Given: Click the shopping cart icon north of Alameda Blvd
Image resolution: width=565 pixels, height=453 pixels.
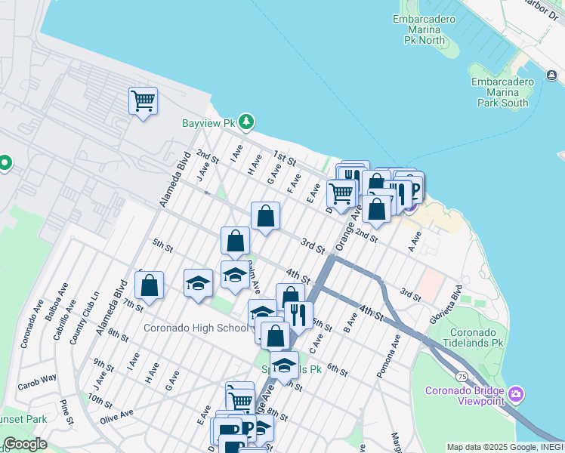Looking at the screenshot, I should tap(143, 100).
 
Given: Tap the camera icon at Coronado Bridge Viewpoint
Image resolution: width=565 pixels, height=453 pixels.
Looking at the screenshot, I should tap(517, 394).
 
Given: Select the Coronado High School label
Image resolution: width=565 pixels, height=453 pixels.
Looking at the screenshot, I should tap(196, 328).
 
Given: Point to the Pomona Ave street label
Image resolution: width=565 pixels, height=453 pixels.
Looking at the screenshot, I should tap(394, 354).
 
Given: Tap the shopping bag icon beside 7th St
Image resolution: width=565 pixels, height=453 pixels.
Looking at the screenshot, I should tap(150, 285).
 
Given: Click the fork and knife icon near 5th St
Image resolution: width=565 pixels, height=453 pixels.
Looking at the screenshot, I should tap(299, 314).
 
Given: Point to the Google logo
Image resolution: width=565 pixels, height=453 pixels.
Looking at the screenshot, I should tap(25, 445).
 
